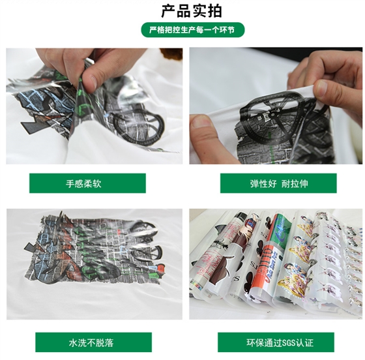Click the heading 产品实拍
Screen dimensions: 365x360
(x=192, y=10)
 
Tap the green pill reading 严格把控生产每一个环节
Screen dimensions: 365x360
(x=193, y=30)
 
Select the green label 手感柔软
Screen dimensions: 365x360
(x=87, y=183)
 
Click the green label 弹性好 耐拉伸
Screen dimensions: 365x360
(x=278, y=183)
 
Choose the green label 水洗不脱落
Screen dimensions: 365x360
(x=94, y=342)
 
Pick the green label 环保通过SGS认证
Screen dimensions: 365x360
(x=276, y=342)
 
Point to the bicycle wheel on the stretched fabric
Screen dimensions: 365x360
(x=270, y=117)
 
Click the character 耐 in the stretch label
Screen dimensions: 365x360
(x=285, y=184)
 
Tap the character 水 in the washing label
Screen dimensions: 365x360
(x=73, y=343)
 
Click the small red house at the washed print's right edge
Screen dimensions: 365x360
(x=160, y=268)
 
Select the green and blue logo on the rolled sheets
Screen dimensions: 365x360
(x=282, y=230)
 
